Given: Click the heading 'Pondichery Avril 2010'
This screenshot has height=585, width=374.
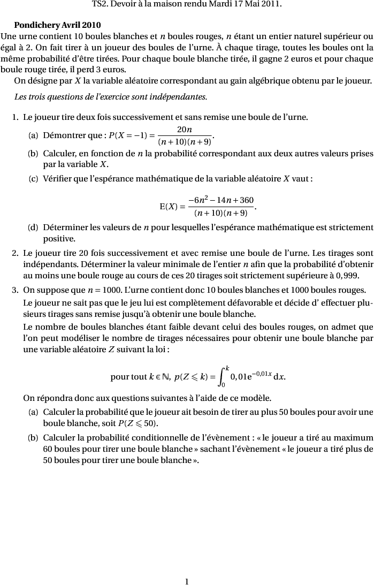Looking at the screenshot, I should [x=57, y=25].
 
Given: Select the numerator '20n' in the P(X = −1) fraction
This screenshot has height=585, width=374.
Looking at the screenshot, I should [x=185, y=130].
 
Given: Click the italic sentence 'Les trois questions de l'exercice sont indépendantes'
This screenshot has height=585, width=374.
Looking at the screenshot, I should [x=110, y=97].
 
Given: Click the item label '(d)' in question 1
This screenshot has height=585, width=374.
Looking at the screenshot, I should [x=33, y=228].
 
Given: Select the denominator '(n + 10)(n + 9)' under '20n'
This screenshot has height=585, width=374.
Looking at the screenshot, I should [x=185, y=142].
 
